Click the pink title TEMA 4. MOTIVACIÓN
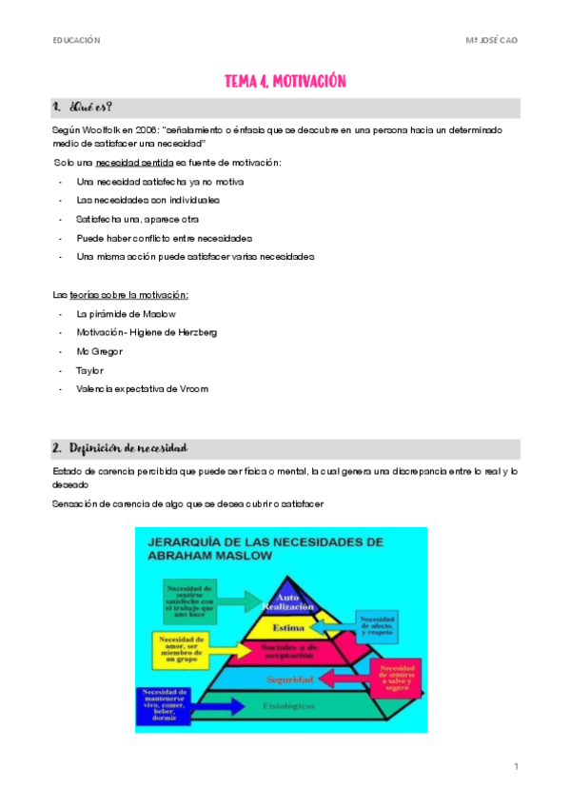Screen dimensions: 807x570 (285, 82)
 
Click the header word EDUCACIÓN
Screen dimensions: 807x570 (76, 40)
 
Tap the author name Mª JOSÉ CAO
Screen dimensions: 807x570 (492, 40)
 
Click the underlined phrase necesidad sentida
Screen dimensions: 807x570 (141, 164)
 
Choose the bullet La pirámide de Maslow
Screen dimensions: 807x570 (127, 313)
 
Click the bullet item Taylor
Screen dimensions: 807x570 (90, 370)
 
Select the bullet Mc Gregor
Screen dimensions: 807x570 (100, 351)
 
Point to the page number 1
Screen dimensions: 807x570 (515, 766)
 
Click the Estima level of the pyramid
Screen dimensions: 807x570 (287, 629)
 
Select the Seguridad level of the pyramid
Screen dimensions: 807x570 (286, 679)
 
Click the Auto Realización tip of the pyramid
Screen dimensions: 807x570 (288, 601)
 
